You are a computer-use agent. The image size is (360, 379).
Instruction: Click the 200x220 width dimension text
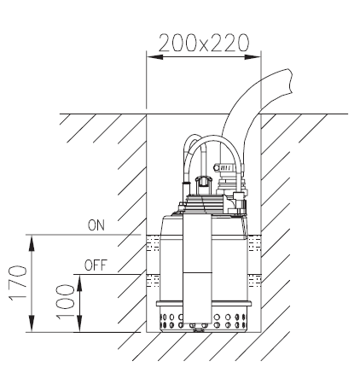[x=204, y=43]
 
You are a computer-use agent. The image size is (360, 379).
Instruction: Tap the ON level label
[x=96, y=225]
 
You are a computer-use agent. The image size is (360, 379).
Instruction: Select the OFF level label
[x=96, y=265]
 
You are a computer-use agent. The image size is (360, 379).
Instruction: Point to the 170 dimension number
[x=18, y=283]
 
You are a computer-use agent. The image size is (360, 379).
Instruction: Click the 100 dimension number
[x=65, y=301]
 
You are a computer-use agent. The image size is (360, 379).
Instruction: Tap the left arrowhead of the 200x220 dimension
[x=155, y=57]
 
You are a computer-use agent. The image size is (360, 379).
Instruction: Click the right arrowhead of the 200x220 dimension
[x=253, y=57]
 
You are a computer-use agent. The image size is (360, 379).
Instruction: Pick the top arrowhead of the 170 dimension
[x=32, y=243]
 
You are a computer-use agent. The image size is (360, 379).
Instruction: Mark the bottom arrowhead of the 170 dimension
[x=32, y=324]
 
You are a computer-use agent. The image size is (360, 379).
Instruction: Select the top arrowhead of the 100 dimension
[x=79, y=283]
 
